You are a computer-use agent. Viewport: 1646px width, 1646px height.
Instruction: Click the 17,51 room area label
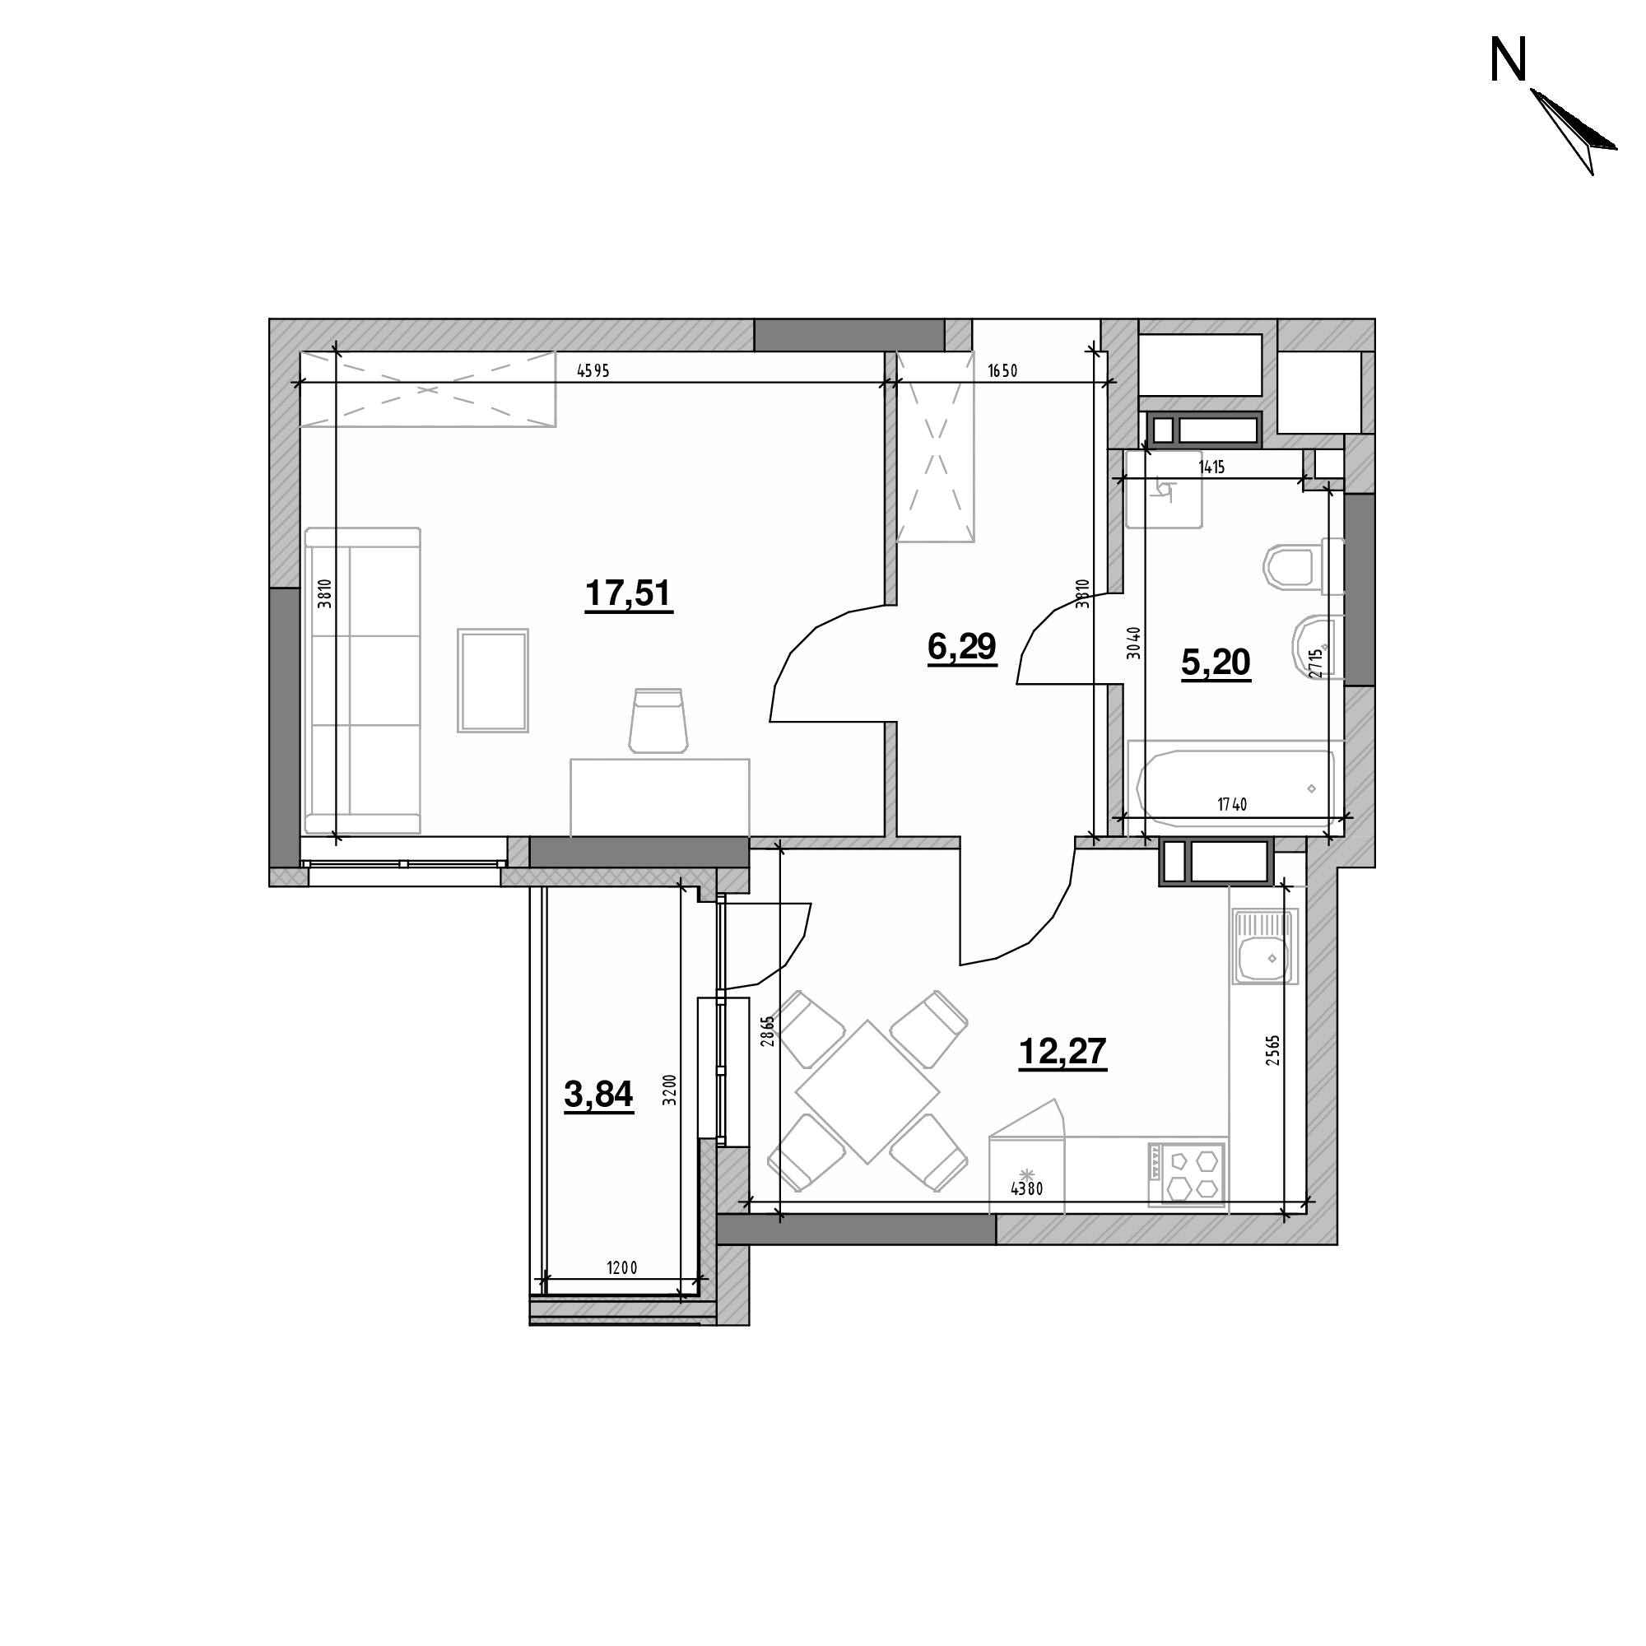coord(629,594)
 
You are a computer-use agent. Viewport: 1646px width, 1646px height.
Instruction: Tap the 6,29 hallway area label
coord(962,647)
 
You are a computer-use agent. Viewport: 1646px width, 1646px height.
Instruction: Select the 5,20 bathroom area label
coord(1216,662)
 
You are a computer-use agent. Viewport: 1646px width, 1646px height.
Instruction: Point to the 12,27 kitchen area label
coord(1062,1052)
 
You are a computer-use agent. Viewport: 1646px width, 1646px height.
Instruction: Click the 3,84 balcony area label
coord(598,1095)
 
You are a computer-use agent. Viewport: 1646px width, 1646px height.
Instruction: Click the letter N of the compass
coord(1508,63)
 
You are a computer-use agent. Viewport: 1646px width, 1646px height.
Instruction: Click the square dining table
coord(867,1091)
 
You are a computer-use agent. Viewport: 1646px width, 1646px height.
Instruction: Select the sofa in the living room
coord(363,680)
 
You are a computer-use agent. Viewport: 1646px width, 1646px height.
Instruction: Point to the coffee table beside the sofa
coord(492,680)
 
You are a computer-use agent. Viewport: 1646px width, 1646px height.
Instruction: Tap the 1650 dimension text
coord(1002,370)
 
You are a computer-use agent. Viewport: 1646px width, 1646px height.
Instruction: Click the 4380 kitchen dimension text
coord(1026,1189)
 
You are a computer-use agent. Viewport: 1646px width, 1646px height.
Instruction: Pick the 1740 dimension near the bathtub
coord(1232,804)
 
